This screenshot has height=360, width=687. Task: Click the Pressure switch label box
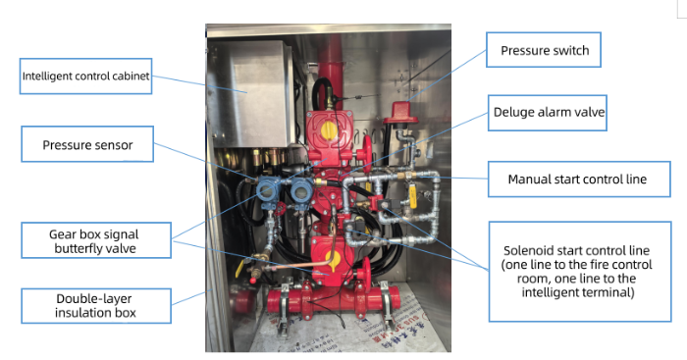544,50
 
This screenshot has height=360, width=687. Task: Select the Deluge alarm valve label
548,113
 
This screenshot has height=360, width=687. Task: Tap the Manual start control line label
579,180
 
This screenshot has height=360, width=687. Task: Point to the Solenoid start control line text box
580,272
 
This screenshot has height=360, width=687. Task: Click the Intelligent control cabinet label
86,77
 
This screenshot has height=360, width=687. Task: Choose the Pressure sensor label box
87,144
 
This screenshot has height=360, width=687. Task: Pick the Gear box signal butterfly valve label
96,240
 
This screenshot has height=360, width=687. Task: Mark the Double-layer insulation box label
96,306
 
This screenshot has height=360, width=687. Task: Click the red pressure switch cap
400,113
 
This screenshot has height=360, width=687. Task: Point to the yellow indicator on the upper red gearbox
329,130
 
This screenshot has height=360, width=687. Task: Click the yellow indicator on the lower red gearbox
333,261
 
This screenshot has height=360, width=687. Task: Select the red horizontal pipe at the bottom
333,300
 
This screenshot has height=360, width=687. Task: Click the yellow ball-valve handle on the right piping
413,199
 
